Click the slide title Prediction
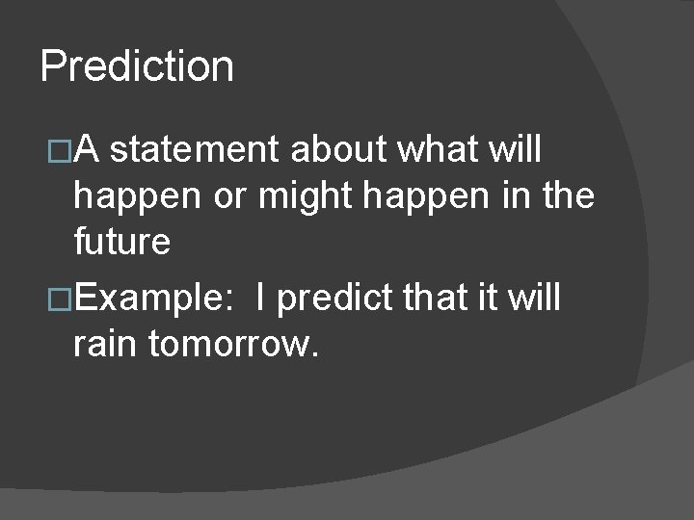[x=137, y=67]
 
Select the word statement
[x=200, y=150]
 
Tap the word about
[x=335, y=150]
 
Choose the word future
[x=122, y=243]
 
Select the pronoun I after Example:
[x=262, y=299]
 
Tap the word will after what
[x=517, y=150]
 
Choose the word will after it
[x=534, y=299]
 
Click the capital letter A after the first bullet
[x=94, y=150]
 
